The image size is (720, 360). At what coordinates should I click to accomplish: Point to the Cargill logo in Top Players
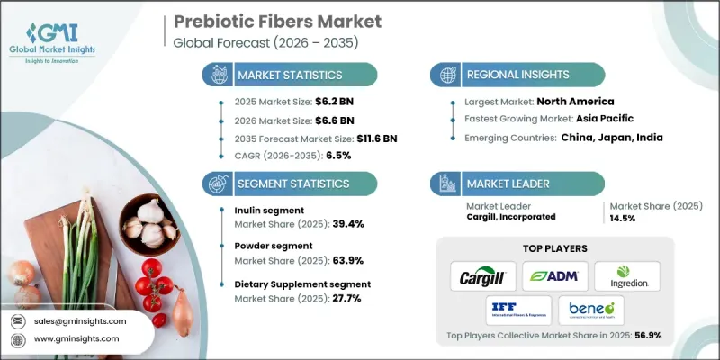478,275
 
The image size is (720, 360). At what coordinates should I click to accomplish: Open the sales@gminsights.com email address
81,320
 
